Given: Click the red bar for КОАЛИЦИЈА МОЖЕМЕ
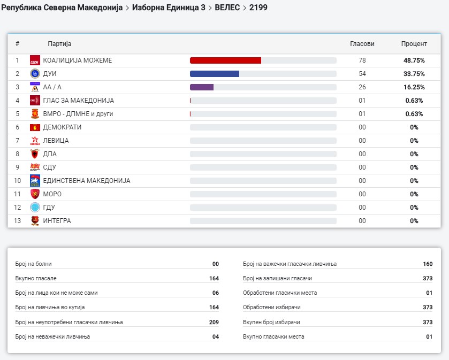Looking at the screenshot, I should coord(225,60).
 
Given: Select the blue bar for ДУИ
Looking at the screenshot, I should coord(214,74).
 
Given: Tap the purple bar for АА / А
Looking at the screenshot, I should coord(202,87).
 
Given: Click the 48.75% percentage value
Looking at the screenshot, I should coord(414,60).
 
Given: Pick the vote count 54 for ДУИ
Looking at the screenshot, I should coord(362,74).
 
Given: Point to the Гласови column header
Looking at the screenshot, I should coord(362,44).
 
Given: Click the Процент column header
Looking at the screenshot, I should coord(414,44).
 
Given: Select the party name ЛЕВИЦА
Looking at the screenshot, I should coord(56,141).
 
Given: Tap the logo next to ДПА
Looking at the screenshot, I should coord(35,154).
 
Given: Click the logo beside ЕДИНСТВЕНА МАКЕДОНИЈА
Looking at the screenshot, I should coord(35,181).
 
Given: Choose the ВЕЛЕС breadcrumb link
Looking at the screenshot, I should coord(227,7).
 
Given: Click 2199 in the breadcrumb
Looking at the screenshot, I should coord(258,7).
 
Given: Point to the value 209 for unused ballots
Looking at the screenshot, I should coord(214,322).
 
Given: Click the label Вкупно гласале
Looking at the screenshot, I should coord(36,279).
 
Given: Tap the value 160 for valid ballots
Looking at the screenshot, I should coord(427,264).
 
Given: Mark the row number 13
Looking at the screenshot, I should coord(17,221).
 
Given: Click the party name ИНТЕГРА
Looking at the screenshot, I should coord(57,221).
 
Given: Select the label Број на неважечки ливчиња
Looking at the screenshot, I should coord(52,336).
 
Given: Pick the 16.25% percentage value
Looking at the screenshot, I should coord(414,87).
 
